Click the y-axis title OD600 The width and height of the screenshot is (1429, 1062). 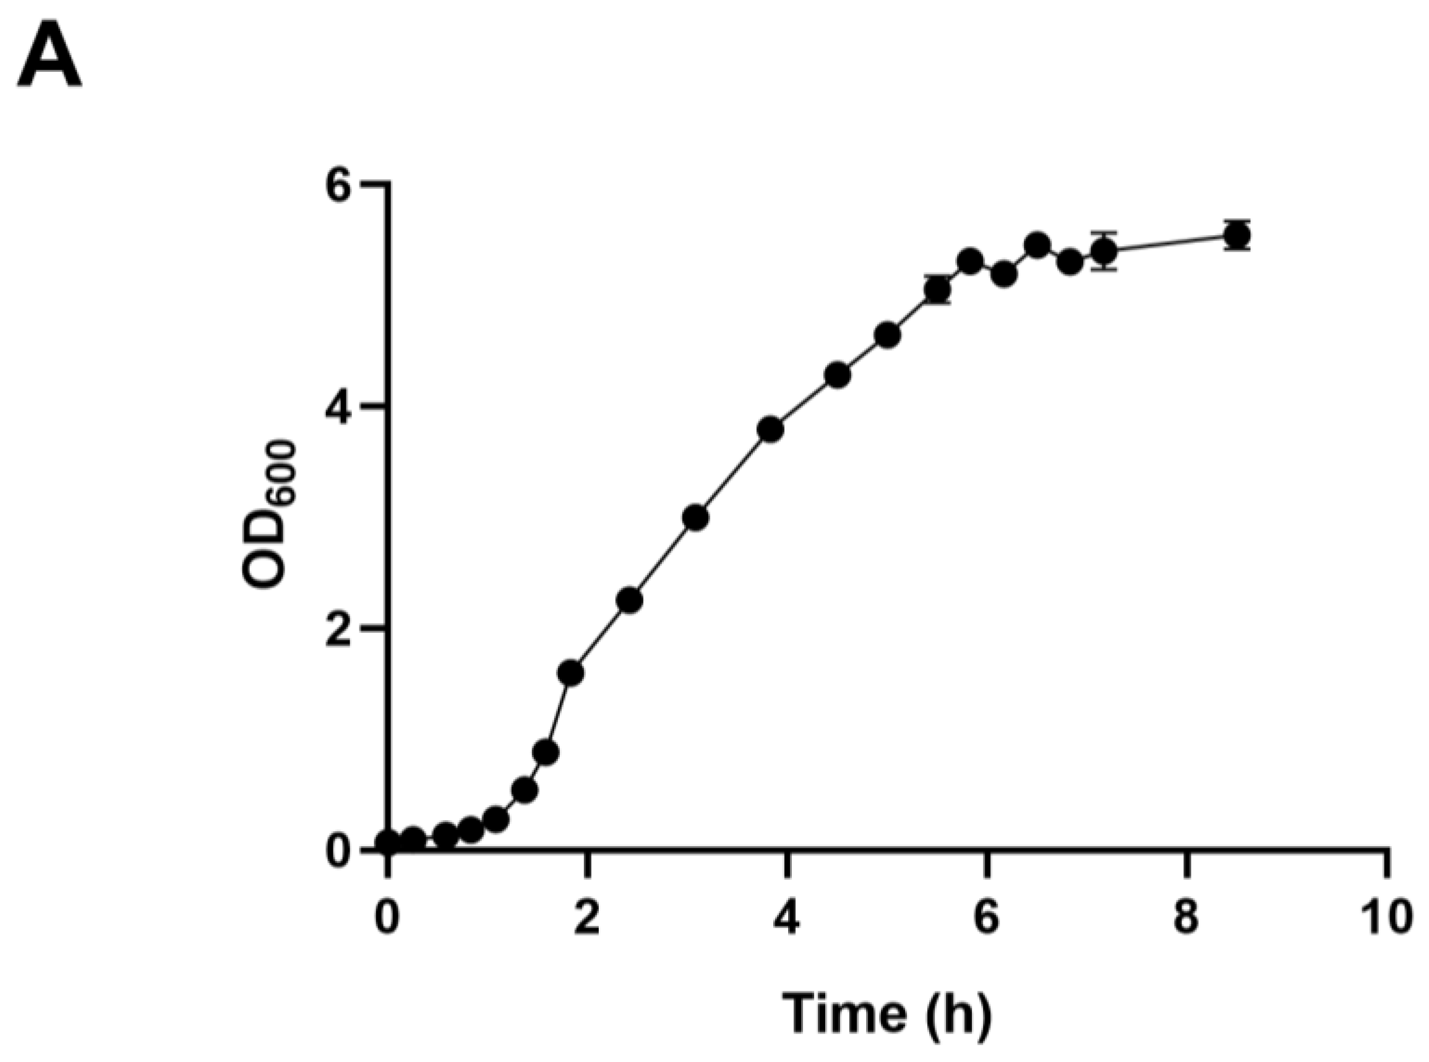[268, 514]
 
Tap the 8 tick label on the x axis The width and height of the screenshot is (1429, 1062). [1187, 917]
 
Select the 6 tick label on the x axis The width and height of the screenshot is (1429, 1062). [987, 917]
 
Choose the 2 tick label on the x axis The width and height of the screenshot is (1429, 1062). [587, 917]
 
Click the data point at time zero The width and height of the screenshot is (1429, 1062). [388, 842]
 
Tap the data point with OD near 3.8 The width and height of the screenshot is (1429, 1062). [770, 429]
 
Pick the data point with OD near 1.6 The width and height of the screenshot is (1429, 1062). [571, 673]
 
